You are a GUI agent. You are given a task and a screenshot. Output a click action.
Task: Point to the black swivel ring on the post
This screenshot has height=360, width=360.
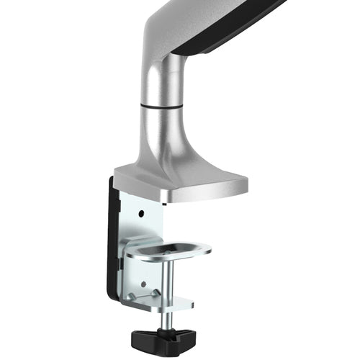click(160, 104)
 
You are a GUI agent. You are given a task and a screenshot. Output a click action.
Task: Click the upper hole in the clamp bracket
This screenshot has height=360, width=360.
click(143, 215)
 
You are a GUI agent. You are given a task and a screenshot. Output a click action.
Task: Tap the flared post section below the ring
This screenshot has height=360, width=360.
click(163, 140)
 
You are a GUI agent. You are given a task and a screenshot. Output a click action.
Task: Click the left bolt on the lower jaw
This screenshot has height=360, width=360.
click(132, 295)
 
